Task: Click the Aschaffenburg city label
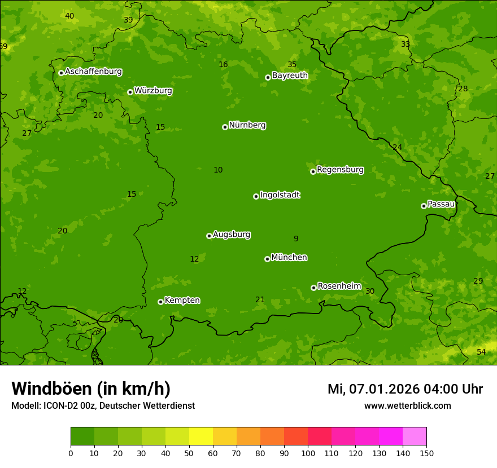(93, 72)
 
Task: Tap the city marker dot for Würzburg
(130, 92)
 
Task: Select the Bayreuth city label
(290, 76)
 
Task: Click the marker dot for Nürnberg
(225, 127)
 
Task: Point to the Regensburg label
(340, 170)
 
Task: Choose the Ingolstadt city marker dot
(256, 196)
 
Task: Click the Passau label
(441, 204)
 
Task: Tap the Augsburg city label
(232, 235)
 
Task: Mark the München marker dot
(267, 259)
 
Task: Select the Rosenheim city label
(339, 286)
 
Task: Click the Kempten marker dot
(160, 302)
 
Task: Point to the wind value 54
(481, 352)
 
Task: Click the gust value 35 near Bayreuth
(292, 64)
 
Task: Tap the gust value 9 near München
(296, 239)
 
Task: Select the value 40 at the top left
(69, 16)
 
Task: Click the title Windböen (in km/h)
(91, 388)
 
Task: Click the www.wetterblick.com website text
(407, 405)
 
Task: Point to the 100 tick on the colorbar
(308, 453)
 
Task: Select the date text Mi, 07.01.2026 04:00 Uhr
(405, 389)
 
